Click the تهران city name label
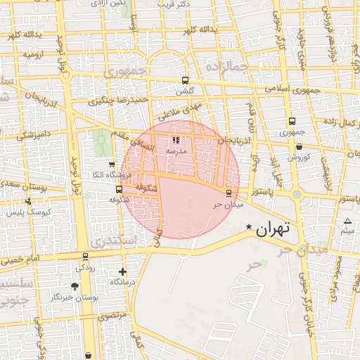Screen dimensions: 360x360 [x=274, y=229]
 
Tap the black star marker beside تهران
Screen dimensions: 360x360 [x=249, y=226]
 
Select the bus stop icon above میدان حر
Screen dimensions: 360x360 [x=228, y=193]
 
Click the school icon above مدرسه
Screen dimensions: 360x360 [x=176, y=141]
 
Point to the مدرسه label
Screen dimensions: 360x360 [x=176, y=151]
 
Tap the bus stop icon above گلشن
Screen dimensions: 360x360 [x=185, y=80]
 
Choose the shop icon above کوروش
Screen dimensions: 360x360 [x=300, y=147]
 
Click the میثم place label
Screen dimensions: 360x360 [x=347, y=231]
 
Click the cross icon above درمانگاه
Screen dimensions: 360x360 [x=122, y=271]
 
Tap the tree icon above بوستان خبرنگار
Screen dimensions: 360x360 [x=75, y=286]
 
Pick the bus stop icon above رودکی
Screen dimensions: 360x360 [x=85, y=257]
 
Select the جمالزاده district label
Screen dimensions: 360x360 [x=227, y=67]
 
